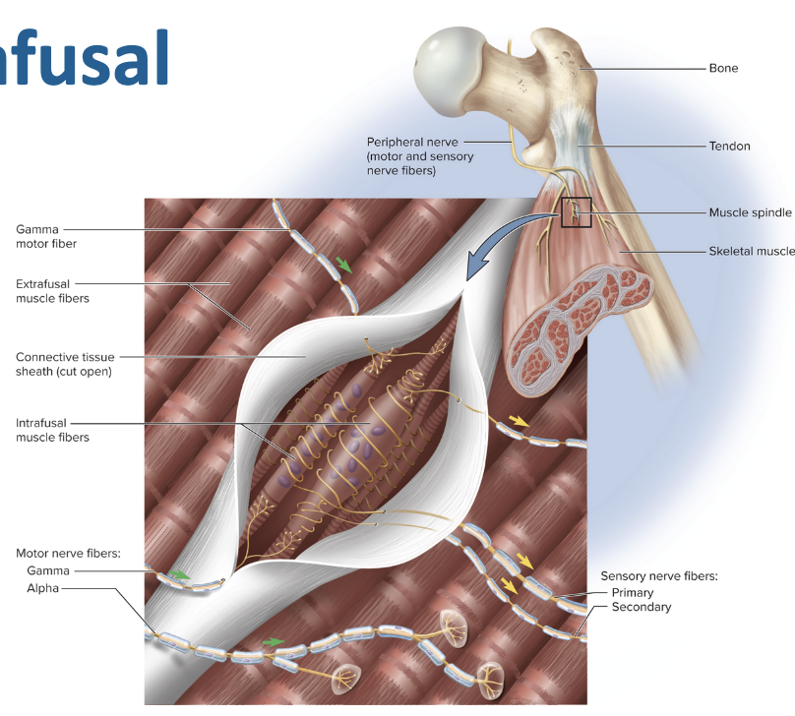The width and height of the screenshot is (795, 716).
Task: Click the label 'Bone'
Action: [x=723, y=69]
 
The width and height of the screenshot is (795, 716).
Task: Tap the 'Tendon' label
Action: [x=729, y=146]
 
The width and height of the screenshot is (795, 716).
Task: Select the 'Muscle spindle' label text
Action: [x=750, y=212]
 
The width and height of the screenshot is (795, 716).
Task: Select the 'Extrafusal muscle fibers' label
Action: [x=52, y=290]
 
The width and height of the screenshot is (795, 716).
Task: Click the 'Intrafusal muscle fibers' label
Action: [x=52, y=430]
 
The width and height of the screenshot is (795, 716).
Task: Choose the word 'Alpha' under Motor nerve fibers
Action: [x=43, y=588]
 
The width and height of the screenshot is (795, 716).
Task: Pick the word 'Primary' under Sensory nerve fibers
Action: [x=633, y=593]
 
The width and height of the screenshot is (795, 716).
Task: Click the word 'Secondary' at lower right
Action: [x=641, y=607]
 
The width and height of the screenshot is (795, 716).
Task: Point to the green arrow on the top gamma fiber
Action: [x=343, y=264]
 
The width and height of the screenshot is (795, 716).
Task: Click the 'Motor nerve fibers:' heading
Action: [x=68, y=554]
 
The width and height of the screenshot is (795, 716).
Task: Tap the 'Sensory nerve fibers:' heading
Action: [x=659, y=576]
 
